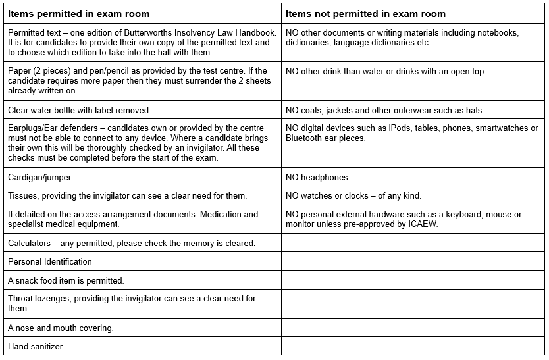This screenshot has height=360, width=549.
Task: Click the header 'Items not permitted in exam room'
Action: pyautogui.click(x=365, y=14)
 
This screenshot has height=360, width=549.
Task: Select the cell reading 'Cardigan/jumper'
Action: pyautogui.click(x=39, y=177)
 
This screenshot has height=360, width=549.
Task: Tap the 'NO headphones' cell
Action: pyautogui.click(x=317, y=177)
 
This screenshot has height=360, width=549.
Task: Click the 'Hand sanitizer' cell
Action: pyautogui.click(x=36, y=346)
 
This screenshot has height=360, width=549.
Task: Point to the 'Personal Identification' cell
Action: pyautogui.click(x=50, y=261)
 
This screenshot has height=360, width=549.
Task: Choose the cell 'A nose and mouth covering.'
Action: pyautogui.click(x=61, y=328)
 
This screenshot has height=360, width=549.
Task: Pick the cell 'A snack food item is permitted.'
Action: pyautogui.click(x=66, y=280)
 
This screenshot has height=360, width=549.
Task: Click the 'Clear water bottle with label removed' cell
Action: pyautogui.click(x=79, y=110)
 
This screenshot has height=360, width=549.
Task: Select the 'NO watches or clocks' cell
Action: pyautogui.click(x=353, y=195)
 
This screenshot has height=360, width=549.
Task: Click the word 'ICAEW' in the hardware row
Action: pyautogui.click(x=423, y=224)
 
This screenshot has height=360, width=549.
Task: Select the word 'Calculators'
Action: pyautogui.click(x=28, y=243)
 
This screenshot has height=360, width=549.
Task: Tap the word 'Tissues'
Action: pyautogui.click(x=21, y=195)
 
